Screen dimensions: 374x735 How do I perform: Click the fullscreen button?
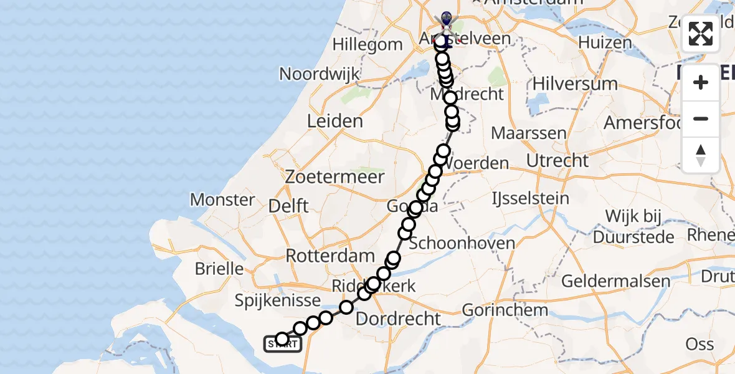pos(701,34)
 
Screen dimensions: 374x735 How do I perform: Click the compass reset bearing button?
pos(701,155)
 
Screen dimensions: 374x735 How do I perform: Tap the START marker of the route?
pos(283,343)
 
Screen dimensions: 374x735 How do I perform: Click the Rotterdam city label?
pos(330,256)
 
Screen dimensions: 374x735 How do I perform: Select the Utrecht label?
pos(557,161)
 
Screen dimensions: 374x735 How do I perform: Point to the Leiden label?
pos(335,121)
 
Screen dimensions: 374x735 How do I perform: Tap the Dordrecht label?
pos(398,319)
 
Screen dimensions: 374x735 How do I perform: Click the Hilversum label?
pos(566,84)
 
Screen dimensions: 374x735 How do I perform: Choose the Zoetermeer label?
pos(334,177)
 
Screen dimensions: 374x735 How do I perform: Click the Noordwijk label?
pos(320,74)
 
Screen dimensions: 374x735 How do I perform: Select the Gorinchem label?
pos(506,310)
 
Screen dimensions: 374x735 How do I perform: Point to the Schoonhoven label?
pos(462,243)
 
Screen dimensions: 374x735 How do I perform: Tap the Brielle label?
pos(219,269)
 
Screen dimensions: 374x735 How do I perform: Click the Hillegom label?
pos(367,45)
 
